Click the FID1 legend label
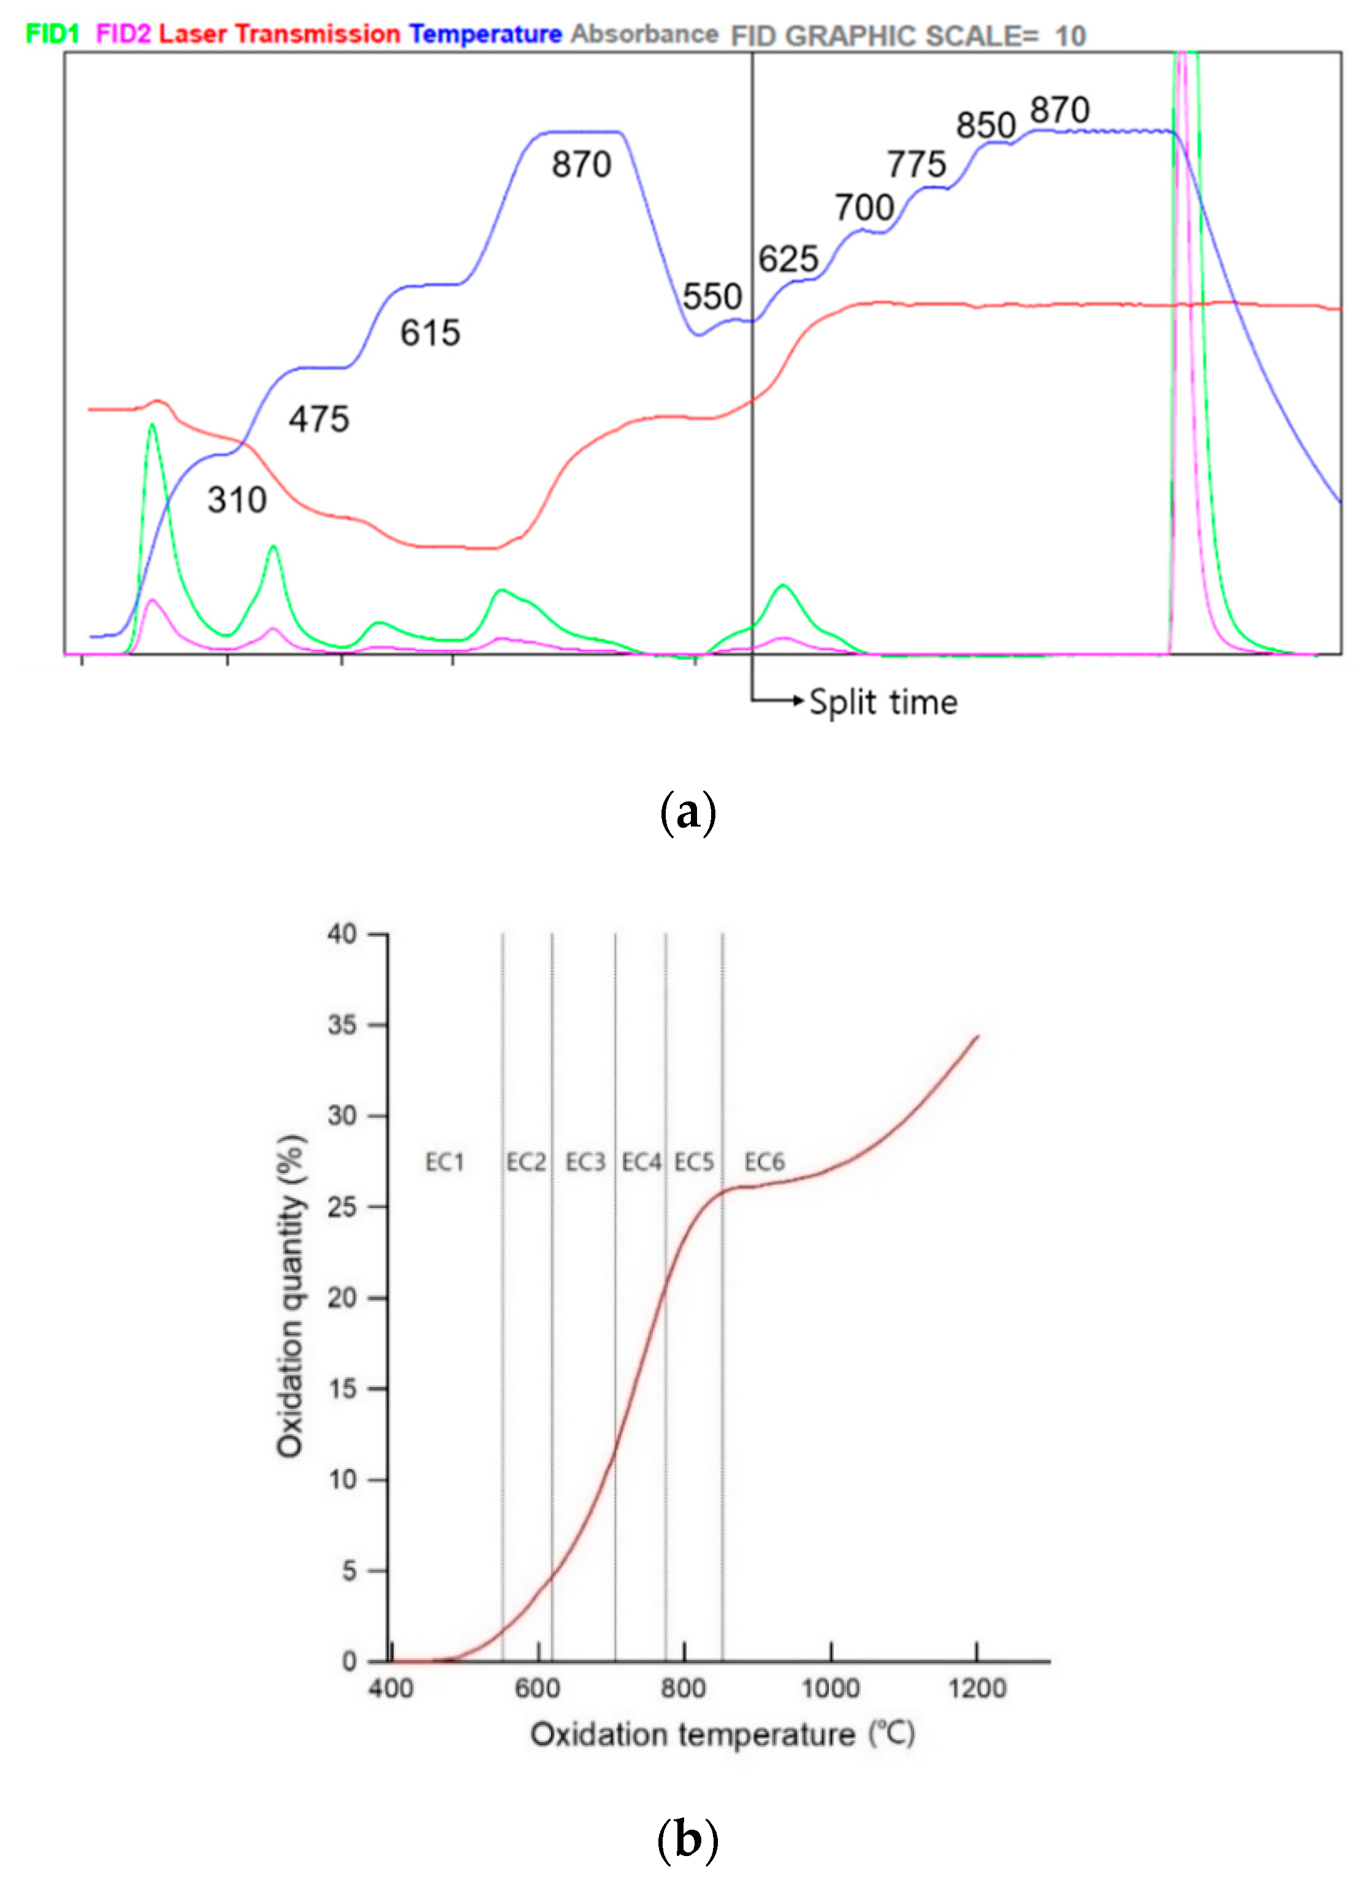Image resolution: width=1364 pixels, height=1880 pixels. pyautogui.click(x=52, y=34)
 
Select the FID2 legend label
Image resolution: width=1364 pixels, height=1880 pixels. pyautogui.click(x=123, y=34)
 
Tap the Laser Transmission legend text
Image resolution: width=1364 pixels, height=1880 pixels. pyautogui.click(x=280, y=34)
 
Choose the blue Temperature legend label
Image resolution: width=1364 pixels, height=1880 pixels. pyautogui.click(x=485, y=34)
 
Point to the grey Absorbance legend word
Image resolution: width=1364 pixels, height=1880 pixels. pyautogui.click(x=644, y=34)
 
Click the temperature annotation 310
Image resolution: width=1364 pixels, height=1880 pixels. pyautogui.click(x=237, y=500)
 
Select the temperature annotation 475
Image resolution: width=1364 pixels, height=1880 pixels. pyautogui.click(x=319, y=419)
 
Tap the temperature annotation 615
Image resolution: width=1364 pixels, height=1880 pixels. pyautogui.click(x=430, y=333)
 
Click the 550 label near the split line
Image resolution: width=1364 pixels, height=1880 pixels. pyautogui.click(x=712, y=297)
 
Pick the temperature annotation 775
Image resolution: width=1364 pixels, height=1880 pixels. pyautogui.click(x=916, y=164)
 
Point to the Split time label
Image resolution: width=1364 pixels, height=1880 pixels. pyautogui.click(x=883, y=702)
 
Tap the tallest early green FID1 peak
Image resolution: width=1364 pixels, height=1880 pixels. pyautogui.click(x=151, y=426)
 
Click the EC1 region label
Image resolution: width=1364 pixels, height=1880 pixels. pyautogui.click(x=444, y=1162)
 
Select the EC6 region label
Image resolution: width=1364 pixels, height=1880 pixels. pyautogui.click(x=764, y=1162)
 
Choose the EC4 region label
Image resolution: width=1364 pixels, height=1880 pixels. pyautogui.click(x=641, y=1162)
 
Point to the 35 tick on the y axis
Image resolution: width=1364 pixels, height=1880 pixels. pyautogui.click(x=341, y=1025)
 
